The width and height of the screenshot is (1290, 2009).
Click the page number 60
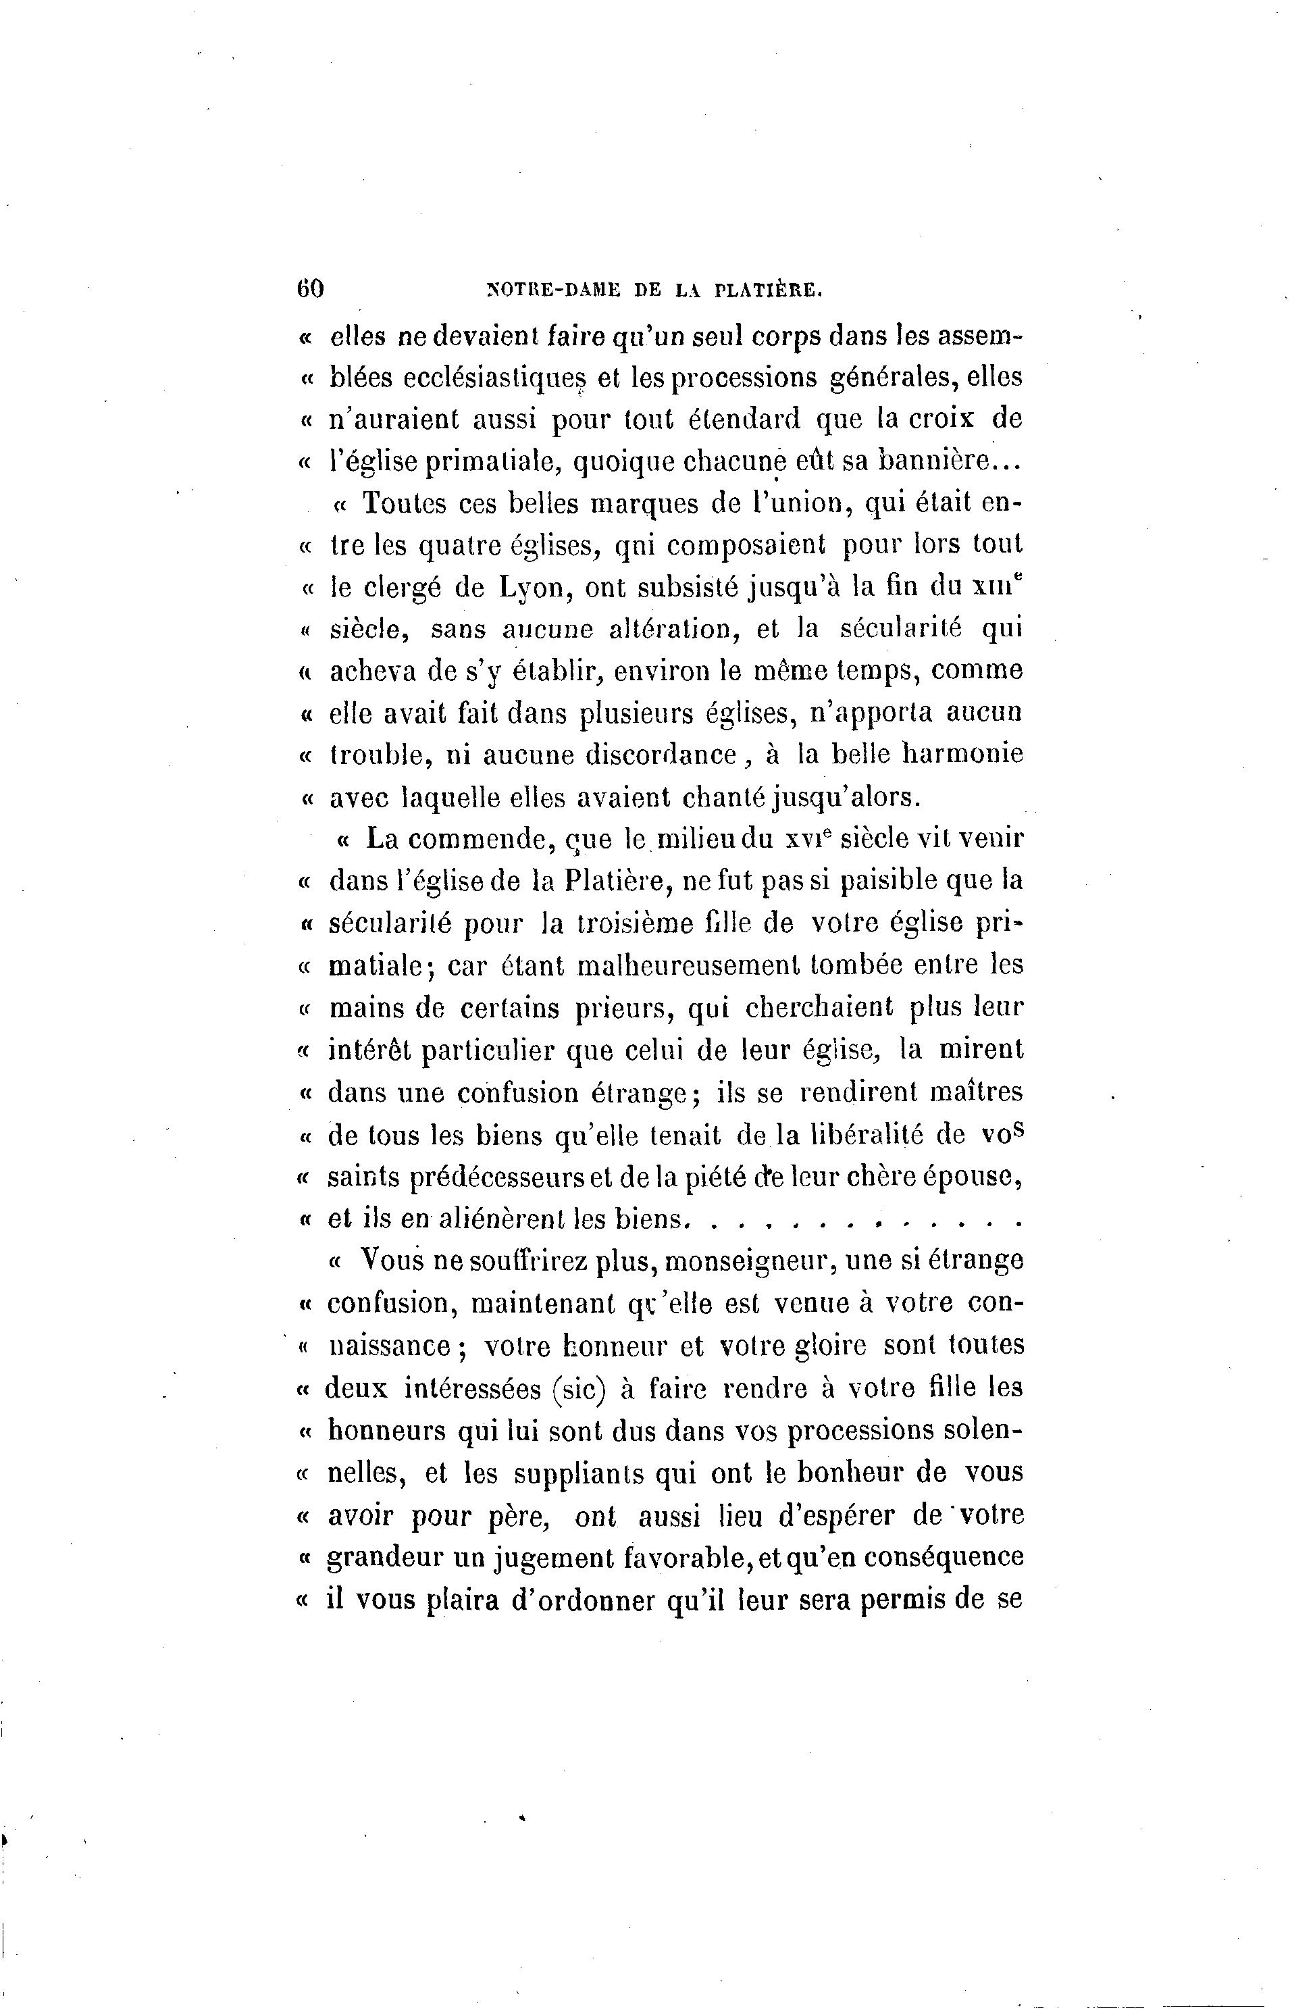(x=310, y=288)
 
